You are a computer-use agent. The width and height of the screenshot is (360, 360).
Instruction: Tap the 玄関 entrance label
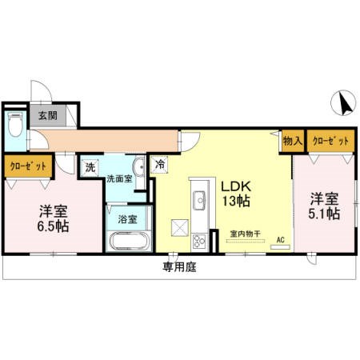tap(46, 114)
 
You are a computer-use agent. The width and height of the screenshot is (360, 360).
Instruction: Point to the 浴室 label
tap(127, 218)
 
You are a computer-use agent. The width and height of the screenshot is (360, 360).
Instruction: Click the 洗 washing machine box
tap(90, 168)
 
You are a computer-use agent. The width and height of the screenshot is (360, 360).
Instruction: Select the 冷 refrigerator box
tap(160, 166)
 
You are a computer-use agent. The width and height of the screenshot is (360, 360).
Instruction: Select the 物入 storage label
tap(292, 141)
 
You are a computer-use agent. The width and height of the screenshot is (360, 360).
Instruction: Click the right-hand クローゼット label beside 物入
tap(331, 141)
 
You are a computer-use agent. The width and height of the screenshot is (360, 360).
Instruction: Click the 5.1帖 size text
tap(325, 214)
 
